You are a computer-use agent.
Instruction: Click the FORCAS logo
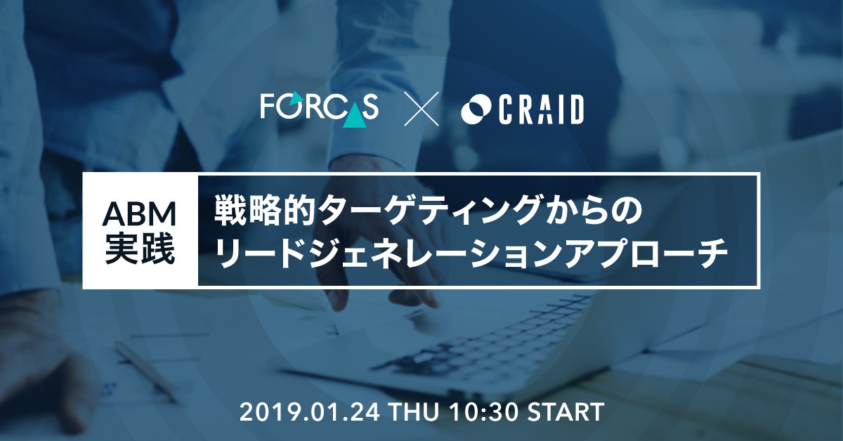point(319,109)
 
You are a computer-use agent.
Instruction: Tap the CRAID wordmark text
point(541,110)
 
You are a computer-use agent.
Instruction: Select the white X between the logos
point(421,109)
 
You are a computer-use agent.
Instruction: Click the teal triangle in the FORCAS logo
point(355,116)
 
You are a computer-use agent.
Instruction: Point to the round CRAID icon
point(476,110)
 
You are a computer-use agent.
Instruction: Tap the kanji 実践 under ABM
point(140,249)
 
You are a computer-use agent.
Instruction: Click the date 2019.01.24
point(310,412)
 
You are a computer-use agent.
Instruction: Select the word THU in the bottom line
point(414,412)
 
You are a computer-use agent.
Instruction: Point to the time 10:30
point(484,412)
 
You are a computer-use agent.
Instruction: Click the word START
point(566,412)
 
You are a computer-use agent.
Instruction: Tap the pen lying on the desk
point(145,371)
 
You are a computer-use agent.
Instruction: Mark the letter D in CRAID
point(575,110)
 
